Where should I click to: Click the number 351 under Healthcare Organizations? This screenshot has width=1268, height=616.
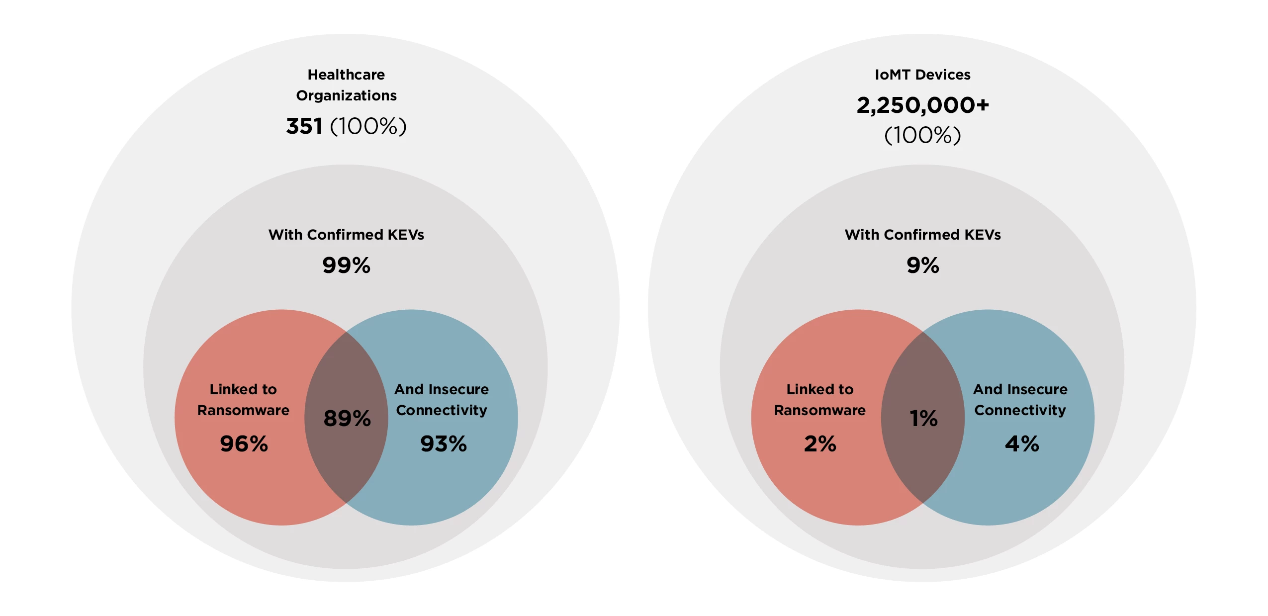304,126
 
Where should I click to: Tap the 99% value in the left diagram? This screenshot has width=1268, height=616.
346,265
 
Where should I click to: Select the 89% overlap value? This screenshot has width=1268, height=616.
347,418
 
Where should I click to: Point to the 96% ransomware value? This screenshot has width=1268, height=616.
244,443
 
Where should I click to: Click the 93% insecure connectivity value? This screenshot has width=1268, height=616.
443,443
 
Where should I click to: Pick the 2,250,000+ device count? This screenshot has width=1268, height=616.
922,105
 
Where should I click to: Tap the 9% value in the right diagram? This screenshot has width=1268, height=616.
922,265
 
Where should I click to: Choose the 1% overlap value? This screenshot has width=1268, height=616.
923,418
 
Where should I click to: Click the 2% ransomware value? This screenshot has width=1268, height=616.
820,443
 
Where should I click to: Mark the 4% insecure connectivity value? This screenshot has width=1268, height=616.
1021,443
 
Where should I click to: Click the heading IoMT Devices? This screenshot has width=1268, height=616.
922,75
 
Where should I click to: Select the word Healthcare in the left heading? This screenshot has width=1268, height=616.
346,75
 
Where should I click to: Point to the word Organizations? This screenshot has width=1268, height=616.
346,95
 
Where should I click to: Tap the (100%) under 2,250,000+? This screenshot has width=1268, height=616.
922,135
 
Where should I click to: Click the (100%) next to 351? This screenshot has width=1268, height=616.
368,126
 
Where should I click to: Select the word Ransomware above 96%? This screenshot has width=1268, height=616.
243,410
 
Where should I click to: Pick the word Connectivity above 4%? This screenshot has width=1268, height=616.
1020,410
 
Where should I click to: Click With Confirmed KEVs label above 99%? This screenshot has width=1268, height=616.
346,235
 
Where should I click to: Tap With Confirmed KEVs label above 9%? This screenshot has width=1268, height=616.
922,235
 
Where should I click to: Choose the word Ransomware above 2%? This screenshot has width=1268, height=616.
819,410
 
